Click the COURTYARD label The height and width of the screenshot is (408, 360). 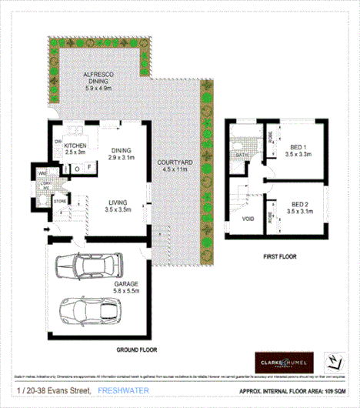coord(175,167)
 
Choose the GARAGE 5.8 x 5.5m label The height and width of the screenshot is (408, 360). coord(105,288)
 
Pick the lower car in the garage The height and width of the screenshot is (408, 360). coord(91,312)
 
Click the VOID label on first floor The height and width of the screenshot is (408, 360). coord(247,219)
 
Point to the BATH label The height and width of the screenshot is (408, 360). coord(241,156)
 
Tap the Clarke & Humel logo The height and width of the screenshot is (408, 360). coord(284,362)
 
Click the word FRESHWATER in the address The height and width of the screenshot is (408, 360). coord(123,392)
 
